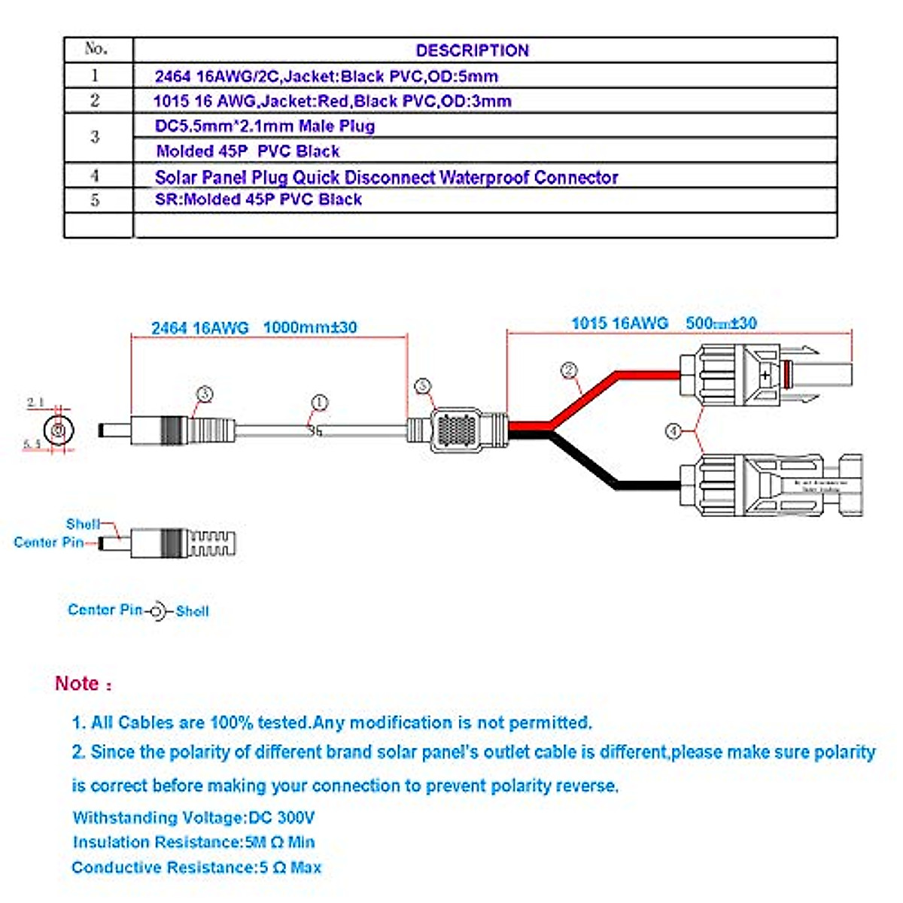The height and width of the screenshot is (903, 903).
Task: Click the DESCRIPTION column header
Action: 473,50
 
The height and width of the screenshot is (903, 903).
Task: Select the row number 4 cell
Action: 95,175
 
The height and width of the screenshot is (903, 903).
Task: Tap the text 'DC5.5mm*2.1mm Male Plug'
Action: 265,126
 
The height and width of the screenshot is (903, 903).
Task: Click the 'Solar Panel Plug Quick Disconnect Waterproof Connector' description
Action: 386,178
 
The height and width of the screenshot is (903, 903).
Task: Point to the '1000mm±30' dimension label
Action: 310,327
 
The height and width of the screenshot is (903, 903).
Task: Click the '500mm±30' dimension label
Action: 721,323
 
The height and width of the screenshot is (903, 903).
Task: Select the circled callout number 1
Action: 320,403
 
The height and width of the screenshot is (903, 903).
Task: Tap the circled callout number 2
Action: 570,370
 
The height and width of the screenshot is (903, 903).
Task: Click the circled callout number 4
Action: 673,430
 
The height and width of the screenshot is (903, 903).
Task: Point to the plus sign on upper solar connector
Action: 765,374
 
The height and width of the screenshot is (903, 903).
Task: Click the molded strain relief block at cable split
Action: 457,430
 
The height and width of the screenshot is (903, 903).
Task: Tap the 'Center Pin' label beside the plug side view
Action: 48,542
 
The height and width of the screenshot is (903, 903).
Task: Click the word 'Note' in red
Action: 78,683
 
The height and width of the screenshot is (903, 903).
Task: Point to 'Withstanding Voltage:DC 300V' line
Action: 193,817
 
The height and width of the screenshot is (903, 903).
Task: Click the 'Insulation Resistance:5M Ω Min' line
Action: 193,842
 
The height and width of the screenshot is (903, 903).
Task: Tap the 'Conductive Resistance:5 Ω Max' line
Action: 196,867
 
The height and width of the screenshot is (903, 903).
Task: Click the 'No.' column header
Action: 97,49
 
